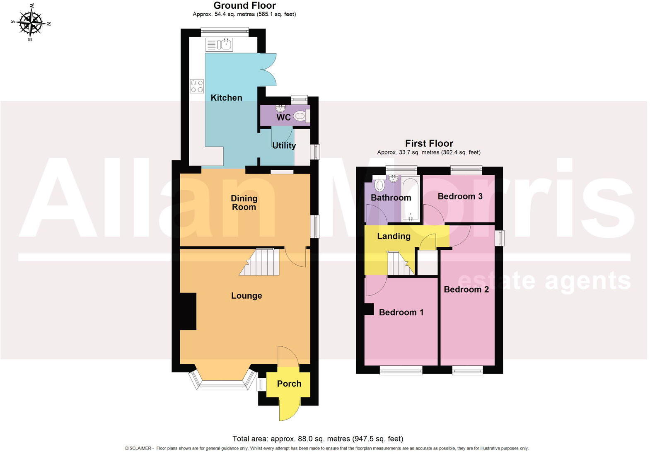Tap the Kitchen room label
pos(226,98)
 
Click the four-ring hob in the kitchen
pos(197,86)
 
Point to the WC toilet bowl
pos(300,116)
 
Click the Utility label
pos(284,145)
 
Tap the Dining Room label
pos(244,203)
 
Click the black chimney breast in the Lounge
pos(188,311)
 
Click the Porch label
pos(289,384)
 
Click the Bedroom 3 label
pos(460,196)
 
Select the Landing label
pos(394,236)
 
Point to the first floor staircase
pos(399,263)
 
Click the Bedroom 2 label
pos(466,289)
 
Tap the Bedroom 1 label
pos(401,312)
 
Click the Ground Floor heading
pos(244,6)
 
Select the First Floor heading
pos(429,143)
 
